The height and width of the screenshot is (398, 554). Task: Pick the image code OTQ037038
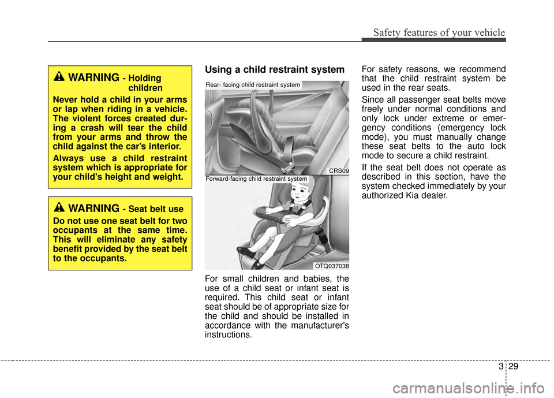[331, 266]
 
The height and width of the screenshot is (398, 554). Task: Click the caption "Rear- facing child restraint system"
[253, 85]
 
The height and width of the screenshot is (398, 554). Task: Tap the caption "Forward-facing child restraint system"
[256, 179]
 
